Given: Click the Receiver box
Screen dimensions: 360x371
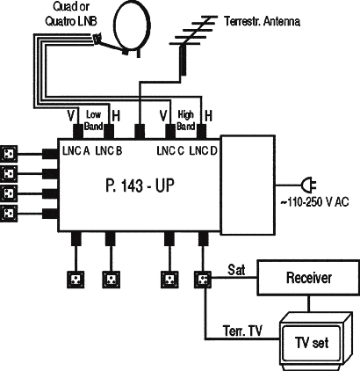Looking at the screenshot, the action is [308, 277].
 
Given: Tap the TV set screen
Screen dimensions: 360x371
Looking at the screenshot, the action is [311, 343].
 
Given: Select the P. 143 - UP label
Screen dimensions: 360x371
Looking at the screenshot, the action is [140, 185].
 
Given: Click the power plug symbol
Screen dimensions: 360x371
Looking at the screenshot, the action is [309, 185].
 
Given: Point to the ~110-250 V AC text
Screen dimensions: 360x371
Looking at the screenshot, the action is [314, 202].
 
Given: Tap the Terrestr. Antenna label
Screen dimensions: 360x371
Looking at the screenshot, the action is [262, 21].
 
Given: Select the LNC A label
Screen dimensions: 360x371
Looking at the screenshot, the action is [76, 151].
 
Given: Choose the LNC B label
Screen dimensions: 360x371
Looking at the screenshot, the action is [109, 151].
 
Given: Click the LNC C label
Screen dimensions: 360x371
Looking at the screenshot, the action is [170, 151].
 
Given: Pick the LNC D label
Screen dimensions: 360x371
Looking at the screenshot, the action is [203, 151].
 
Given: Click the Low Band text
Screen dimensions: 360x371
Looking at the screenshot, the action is [93, 120].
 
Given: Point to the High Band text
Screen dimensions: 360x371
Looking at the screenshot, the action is [186, 120].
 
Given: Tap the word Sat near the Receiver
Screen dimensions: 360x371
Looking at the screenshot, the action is [236, 270].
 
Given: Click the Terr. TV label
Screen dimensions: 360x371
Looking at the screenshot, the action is [242, 331].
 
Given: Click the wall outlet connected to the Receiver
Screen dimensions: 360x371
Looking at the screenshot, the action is [203, 280].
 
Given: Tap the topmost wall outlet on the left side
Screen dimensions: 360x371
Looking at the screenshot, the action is [9, 154].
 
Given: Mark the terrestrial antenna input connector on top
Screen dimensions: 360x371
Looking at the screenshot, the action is [140, 131].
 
